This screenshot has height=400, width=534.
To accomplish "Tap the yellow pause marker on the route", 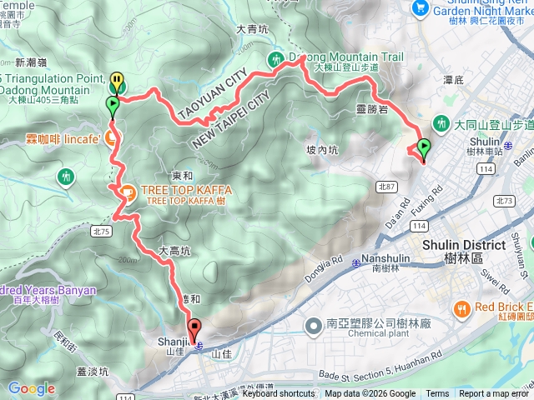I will pyautogui.click(x=117, y=82).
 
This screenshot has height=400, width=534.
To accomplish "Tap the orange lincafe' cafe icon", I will pyautogui.click(x=110, y=137).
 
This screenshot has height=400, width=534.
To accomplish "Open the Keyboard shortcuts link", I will pyautogui.click(x=278, y=393).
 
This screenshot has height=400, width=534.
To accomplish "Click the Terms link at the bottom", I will pyautogui.click(x=437, y=393).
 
